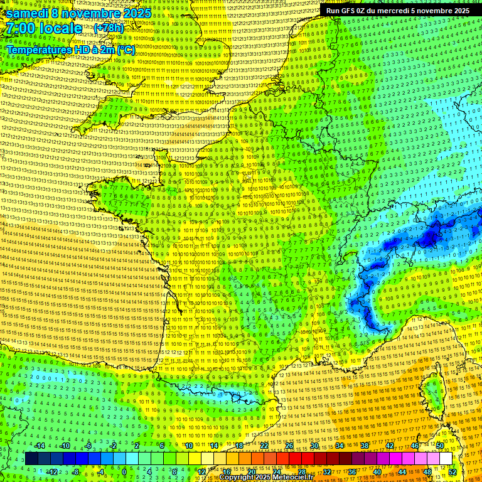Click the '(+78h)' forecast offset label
click(109, 28)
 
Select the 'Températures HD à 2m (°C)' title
click(70, 49)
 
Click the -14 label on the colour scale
click(40, 446)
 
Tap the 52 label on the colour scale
click(452, 471)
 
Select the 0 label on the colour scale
click(124, 471)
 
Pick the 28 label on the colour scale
click(301, 471)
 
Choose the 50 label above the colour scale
click(439, 446)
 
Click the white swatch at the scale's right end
click(446, 459)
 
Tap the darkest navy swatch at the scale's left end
click(31, 459)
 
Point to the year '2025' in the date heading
click(136, 13)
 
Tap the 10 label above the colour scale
click(188, 446)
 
